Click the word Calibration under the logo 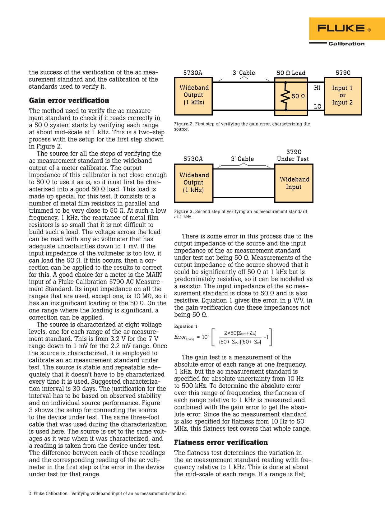click(346, 44)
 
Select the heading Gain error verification click(69, 100)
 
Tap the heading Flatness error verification click(221, 442)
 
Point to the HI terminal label click(317, 88)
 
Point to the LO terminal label click(318, 106)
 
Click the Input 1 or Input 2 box click(343, 96)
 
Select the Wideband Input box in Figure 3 click(294, 183)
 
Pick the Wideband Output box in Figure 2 click(193, 95)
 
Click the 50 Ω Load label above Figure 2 click(291, 73)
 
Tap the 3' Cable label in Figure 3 click(243, 159)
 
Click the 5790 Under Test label click(293, 155)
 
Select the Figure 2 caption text click(242, 126)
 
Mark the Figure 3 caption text click(240, 214)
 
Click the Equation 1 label click(186, 326)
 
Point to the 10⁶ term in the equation click(206, 337)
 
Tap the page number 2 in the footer click(30, 493)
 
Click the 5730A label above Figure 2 click(193, 73)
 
